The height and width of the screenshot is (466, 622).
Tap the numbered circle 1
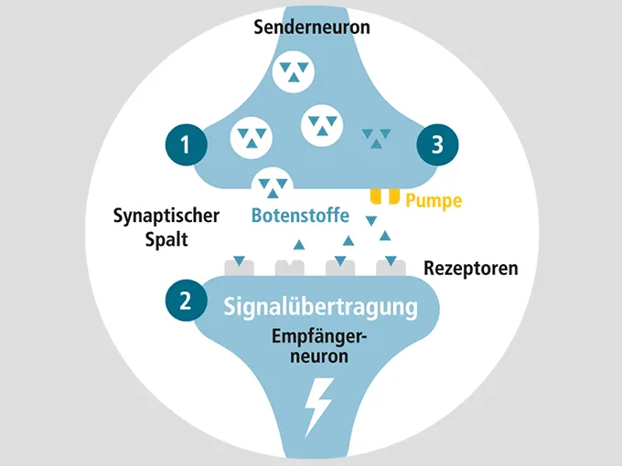coord(186,144)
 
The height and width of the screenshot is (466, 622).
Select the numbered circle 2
coord(186,300)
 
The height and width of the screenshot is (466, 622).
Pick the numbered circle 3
coord(437,144)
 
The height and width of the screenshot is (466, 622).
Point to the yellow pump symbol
coord(384,196)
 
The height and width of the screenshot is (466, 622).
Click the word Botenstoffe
coord(300,217)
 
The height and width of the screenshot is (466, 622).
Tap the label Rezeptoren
coord(471,269)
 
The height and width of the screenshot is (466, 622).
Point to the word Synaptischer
coord(166,217)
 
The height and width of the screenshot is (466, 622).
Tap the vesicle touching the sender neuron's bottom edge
coord(273,185)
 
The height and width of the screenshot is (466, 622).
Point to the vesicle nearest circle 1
coord(251,137)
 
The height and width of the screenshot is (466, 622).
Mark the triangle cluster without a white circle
coord(374,138)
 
